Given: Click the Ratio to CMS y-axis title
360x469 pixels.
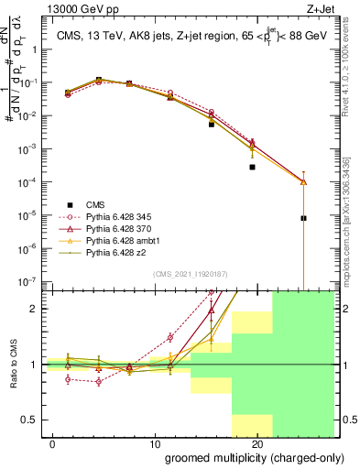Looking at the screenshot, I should [x=12, y=365].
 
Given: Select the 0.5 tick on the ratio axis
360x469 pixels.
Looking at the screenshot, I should [x=31, y=420].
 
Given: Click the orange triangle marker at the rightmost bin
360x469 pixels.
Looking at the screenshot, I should [x=303, y=181].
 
